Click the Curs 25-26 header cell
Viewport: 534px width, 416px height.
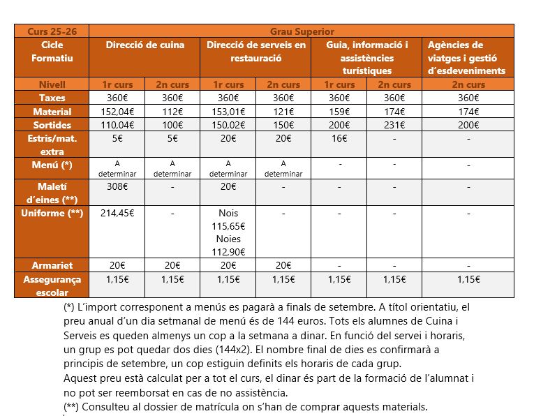(x=52, y=31)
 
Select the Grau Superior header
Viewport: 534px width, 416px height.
(x=302, y=31)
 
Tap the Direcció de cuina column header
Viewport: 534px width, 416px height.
(x=145, y=45)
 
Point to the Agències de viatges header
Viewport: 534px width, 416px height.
(x=466, y=58)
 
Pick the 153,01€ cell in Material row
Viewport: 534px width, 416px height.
(x=228, y=112)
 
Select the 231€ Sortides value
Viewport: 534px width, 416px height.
(x=394, y=125)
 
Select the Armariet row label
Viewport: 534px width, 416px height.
(x=52, y=265)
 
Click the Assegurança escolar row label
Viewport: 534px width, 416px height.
(x=52, y=285)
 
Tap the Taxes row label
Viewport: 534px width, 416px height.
(x=52, y=98)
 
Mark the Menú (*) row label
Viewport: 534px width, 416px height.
(x=52, y=165)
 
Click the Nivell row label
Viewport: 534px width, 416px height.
(x=52, y=84)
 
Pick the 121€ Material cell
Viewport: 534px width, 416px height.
(x=283, y=112)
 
